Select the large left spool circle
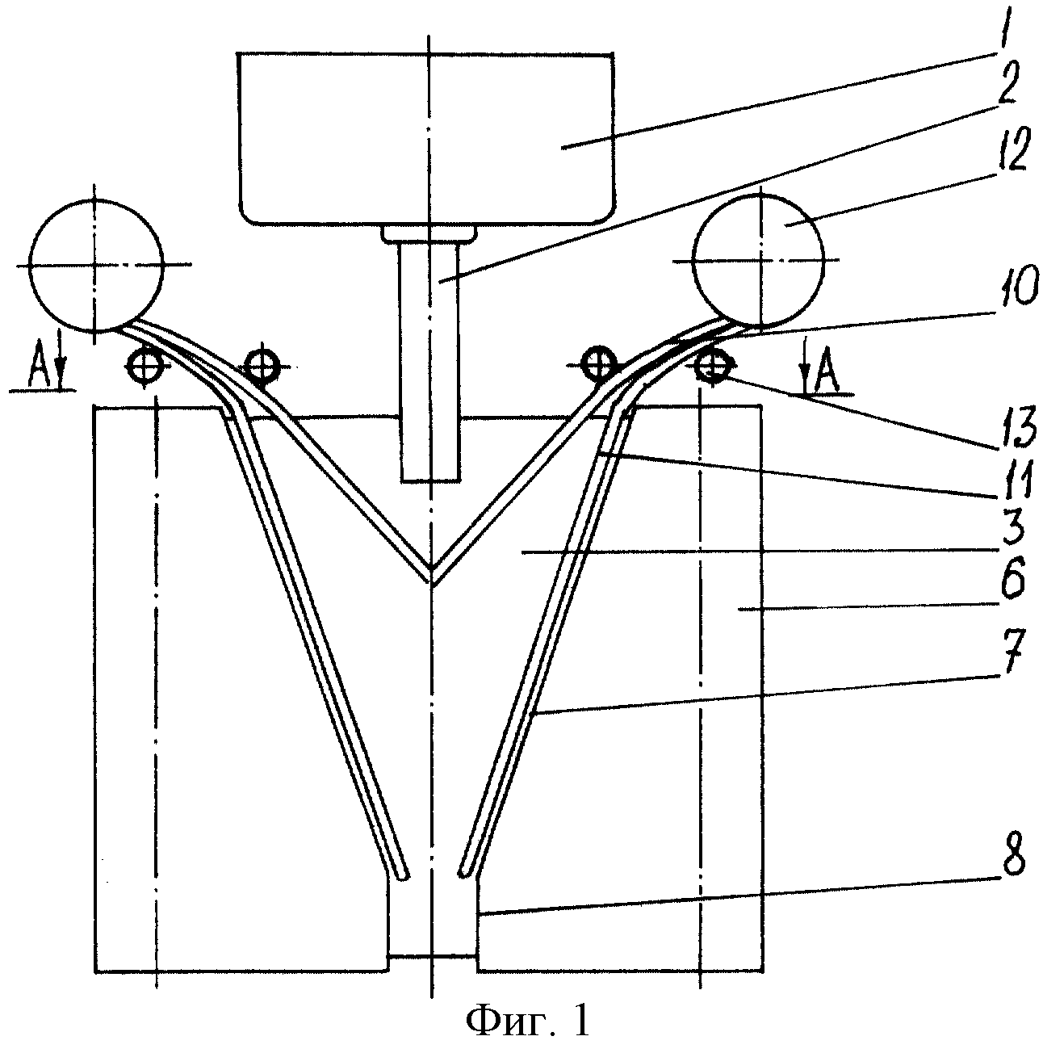96,266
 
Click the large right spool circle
758,260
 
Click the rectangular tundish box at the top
427,138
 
